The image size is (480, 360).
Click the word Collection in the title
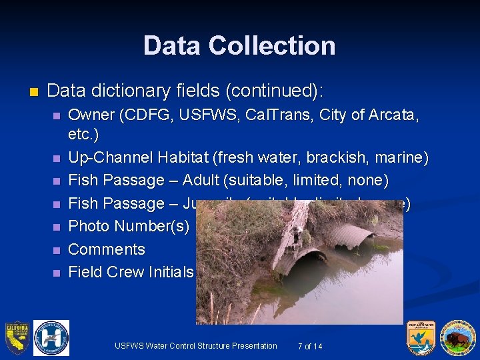tap(271, 45)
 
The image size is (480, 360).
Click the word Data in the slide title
tap(172, 45)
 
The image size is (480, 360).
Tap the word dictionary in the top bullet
tap(130, 90)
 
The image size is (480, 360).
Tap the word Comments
tap(107, 249)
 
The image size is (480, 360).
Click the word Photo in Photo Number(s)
tap(89, 226)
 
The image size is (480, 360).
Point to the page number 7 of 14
tap(310, 346)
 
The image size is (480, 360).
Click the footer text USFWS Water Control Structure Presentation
tap(195, 346)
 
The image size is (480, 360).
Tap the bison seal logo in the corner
tap(457, 338)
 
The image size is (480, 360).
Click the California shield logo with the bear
tap(17, 337)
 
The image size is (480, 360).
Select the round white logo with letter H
tap(51, 337)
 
